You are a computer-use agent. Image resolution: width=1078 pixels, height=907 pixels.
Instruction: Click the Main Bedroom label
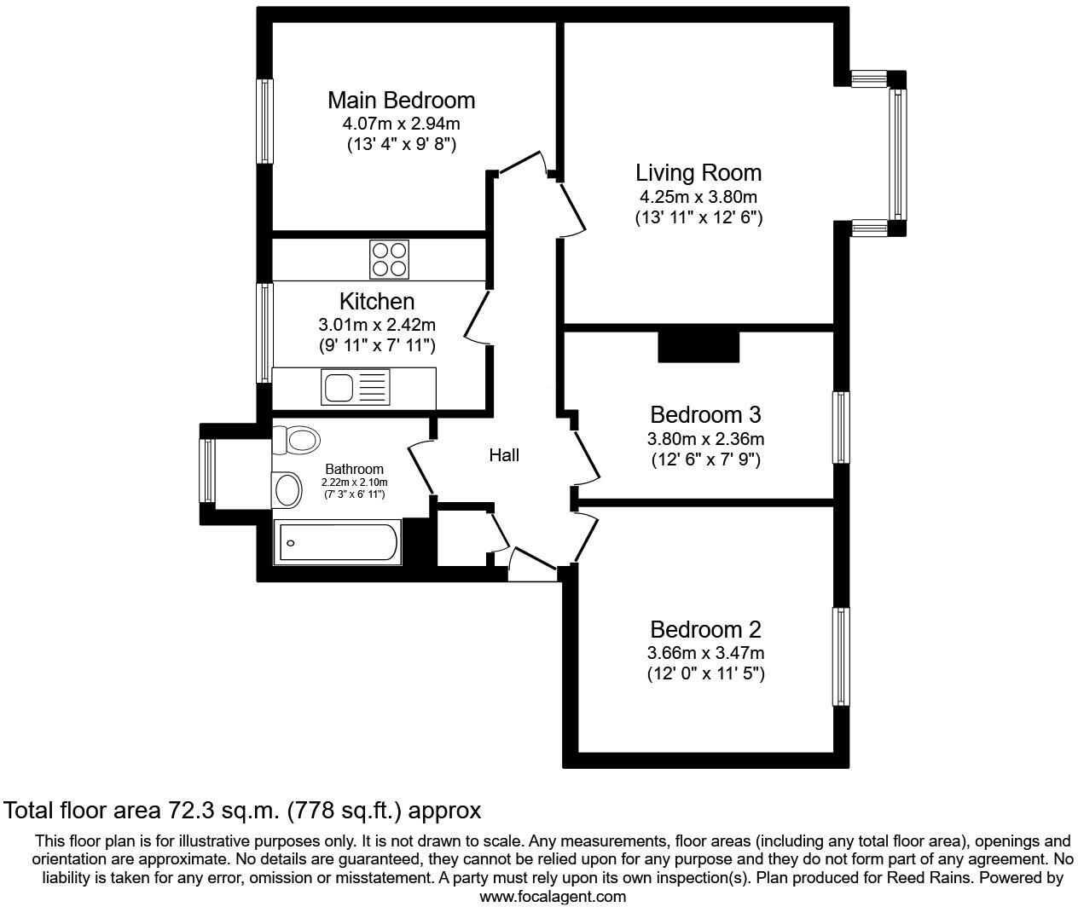point(401,100)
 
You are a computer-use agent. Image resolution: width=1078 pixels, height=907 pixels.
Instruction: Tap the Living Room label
point(698,173)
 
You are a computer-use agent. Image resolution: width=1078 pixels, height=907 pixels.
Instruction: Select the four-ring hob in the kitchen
point(389,258)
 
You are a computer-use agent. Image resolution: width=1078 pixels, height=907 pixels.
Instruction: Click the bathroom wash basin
point(287,490)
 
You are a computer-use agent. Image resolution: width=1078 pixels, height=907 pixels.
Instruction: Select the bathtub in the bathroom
point(337,543)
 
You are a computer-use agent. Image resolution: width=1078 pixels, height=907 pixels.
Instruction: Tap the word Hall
point(503,455)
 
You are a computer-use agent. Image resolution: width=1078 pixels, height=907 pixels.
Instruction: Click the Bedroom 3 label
point(704,415)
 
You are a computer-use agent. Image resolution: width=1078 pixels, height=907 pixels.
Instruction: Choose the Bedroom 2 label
point(704,630)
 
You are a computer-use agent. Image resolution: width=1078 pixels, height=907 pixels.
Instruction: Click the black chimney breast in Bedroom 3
point(698,346)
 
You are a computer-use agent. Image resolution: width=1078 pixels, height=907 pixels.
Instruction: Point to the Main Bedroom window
point(265,121)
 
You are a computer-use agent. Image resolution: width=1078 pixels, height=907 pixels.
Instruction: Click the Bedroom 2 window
point(841,656)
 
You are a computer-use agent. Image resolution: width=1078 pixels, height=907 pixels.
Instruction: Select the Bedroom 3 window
point(841,427)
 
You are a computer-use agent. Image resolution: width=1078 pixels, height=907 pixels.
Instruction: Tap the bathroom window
point(206,470)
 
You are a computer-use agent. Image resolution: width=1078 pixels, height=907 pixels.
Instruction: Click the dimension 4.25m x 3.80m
point(698,197)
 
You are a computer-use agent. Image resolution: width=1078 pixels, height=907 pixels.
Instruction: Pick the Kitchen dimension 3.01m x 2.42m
point(376,325)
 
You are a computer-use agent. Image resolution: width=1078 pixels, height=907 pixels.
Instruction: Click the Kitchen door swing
point(478,318)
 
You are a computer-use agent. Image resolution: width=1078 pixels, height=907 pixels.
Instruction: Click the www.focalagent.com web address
point(552,896)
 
